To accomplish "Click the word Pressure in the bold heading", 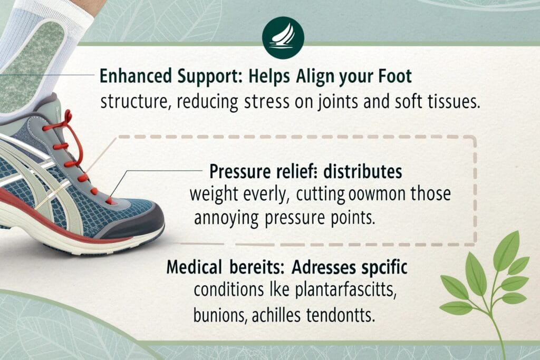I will [x=236, y=172].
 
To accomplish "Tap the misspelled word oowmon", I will [x=366, y=194].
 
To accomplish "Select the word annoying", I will [x=220, y=218].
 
